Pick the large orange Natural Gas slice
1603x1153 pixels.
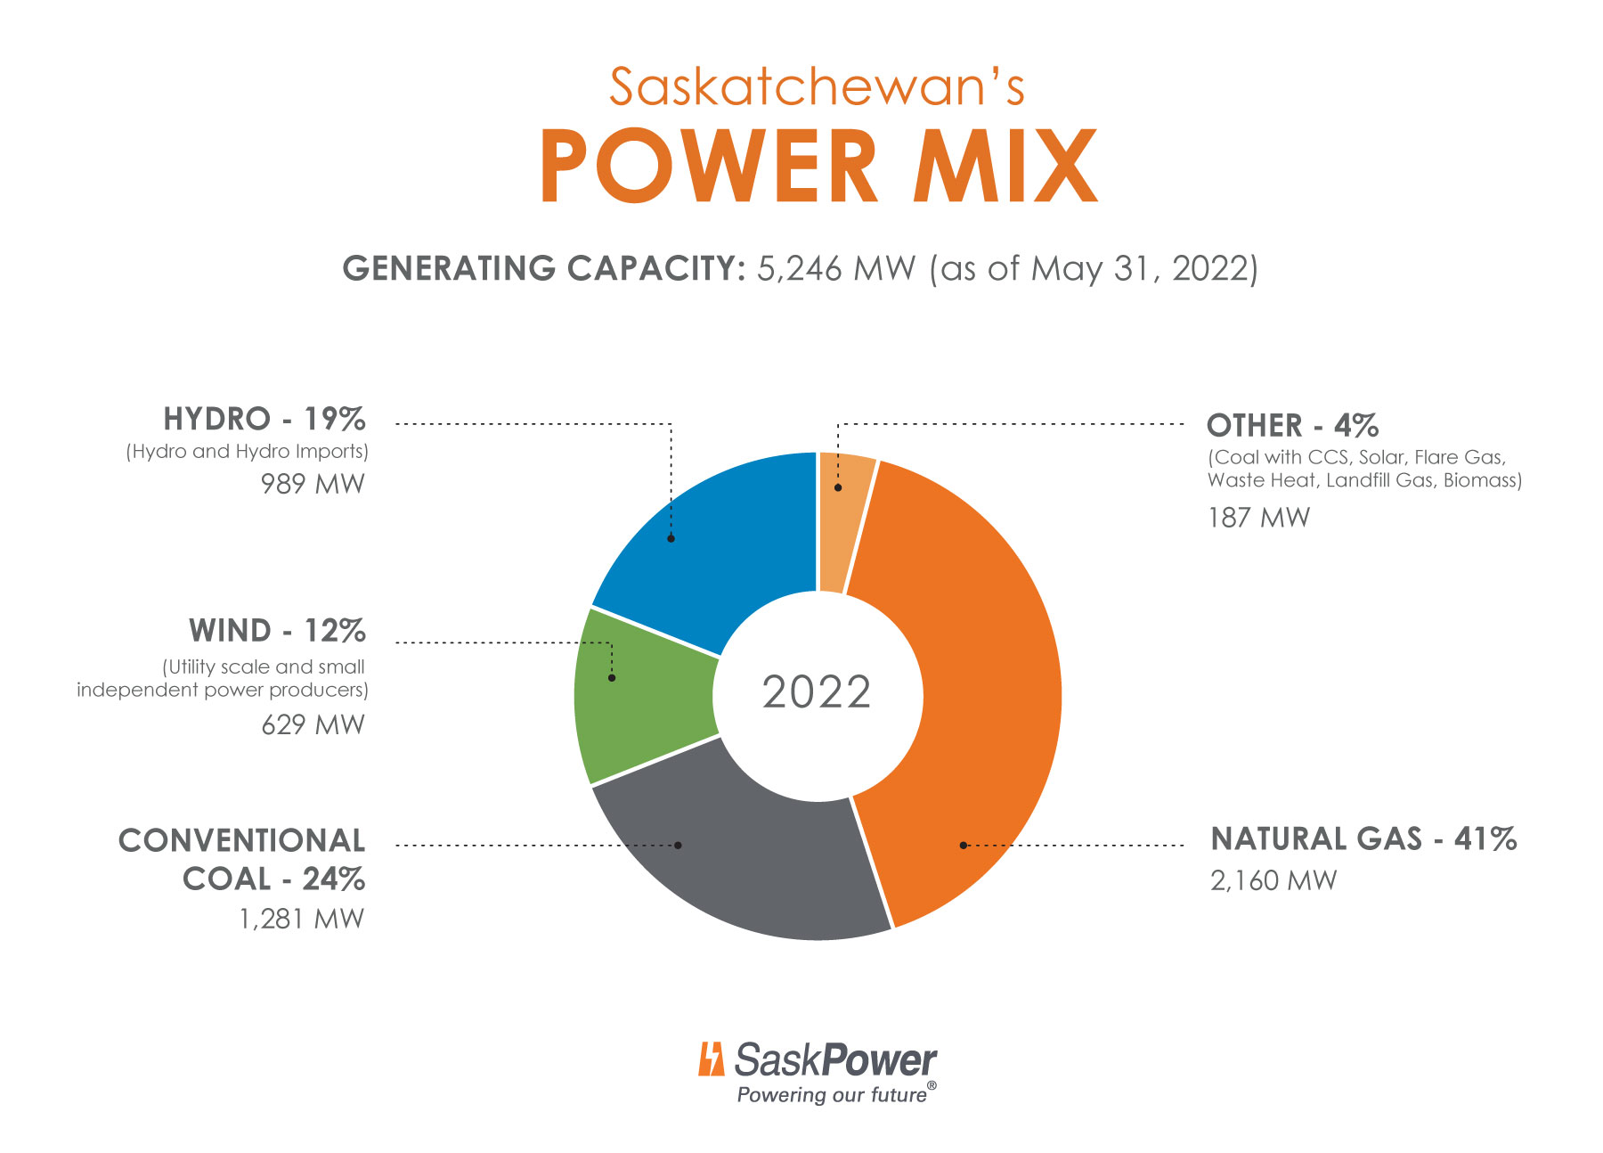click(x=980, y=695)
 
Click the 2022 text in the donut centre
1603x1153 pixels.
click(x=817, y=692)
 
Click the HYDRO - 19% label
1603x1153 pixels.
click(x=264, y=419)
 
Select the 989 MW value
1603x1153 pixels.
click(x=313, y=484)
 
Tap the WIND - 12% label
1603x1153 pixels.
click(x=277, y=631)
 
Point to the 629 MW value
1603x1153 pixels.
click(x=313, y=724)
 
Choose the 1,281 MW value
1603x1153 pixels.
click(x=302, y=919)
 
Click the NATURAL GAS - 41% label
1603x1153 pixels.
click(x=1363, y=839)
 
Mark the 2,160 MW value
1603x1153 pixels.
click(x=1273, y=880)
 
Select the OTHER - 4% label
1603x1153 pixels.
click(x=1291, y=425)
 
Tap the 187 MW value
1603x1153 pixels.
click(x=1258, y=518)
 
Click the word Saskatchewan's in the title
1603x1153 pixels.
click(x=817, y=87)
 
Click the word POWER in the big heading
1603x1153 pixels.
click(x=708, y=168)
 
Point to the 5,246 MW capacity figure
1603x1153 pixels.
click(x=835, y=268)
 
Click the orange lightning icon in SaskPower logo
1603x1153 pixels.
click(x=711, y=1059)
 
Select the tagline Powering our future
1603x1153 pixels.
click(x=833, y=1095)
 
